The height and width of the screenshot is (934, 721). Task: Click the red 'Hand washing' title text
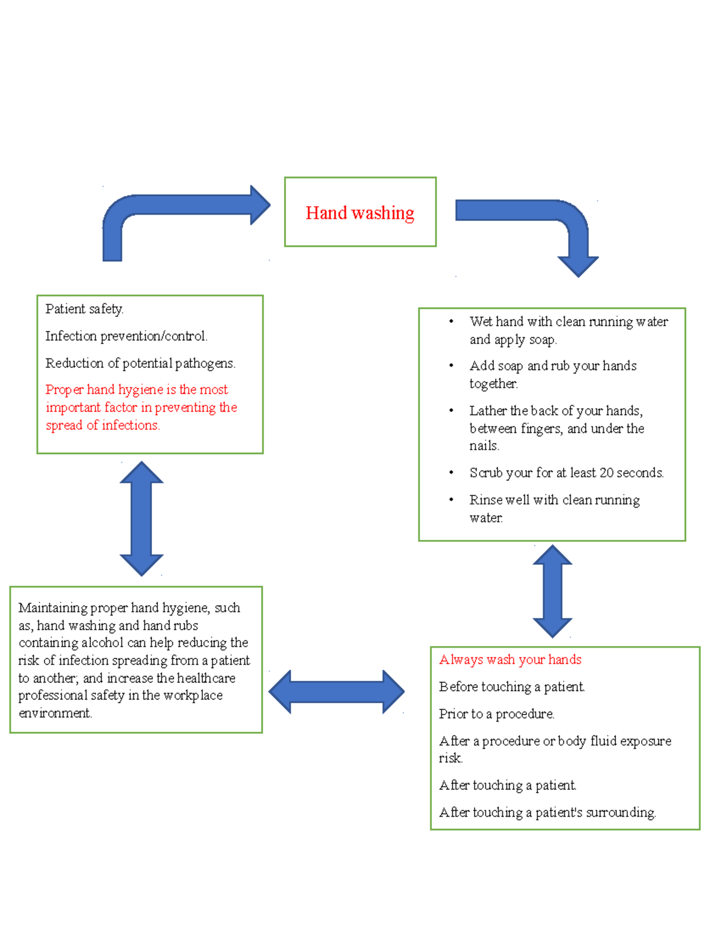[x=360, y=213]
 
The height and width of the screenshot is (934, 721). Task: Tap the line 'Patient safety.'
[x=84, y=309]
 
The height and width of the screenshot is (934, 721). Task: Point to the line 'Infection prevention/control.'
[x=126, y=336]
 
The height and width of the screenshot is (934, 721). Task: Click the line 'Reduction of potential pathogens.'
[x=140, y=363]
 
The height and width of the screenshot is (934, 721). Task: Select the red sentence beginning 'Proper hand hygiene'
[x=141, y=407]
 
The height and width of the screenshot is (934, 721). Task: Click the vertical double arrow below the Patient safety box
[x=141, y=518]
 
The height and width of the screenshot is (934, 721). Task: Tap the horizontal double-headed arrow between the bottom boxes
[x=336, y=692]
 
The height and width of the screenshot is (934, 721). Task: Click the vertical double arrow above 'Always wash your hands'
[x=552, y=591]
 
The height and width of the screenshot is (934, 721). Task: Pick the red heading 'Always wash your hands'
[x=510, y=660]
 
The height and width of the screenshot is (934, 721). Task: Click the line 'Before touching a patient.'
[x=511, y=687]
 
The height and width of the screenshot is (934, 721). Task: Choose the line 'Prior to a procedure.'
[x=496, y=714]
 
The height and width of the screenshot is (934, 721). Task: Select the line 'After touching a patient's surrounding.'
[x=547, y=813]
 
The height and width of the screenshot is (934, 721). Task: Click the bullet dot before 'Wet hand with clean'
[x=451, y=322]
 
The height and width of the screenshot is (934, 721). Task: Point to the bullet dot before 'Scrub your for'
[x=451, y=473]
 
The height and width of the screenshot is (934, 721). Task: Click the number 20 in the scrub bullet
[x=607, y=473]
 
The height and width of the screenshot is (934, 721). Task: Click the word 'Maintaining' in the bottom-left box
[x=53, y=608]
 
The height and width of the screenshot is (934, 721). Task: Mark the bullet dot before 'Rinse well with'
[x=451, y=500]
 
